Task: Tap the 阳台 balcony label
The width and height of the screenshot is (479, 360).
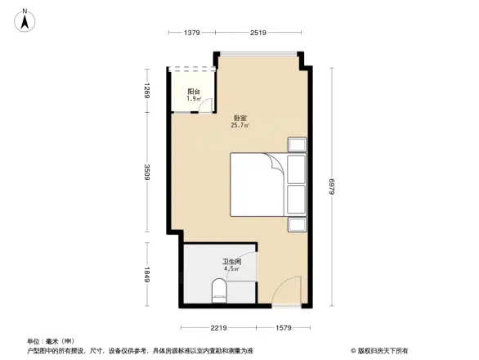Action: (x=194, y=91)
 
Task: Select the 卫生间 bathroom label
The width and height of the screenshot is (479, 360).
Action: (x=232, y=261)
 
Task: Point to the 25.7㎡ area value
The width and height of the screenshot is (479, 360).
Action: (x=240, y=125)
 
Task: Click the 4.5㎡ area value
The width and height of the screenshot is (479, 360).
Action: (x=231, y=268)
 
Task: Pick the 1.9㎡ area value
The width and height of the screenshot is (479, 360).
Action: (x=194, y=98)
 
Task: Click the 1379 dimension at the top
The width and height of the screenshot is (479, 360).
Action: (x=192, y=32)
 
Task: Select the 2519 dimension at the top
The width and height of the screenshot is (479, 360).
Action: (x=258, y=32)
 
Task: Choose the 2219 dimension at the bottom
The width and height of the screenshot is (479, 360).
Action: (x=217, y=327)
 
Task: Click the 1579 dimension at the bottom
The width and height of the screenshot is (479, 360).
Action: (x=283, y=327)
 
